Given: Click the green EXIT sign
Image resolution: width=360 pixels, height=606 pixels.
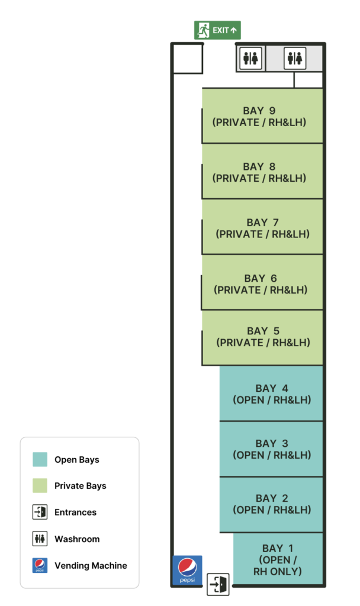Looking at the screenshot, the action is pos(217,30).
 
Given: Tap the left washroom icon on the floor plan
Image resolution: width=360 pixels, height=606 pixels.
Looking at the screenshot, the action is pos(250,59).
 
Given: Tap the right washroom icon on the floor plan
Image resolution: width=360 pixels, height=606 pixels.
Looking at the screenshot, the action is pos(295,59).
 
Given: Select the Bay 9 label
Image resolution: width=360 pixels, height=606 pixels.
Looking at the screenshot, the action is pos(259,117).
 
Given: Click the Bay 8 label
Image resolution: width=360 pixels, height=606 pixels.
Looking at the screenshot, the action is pos(259,172).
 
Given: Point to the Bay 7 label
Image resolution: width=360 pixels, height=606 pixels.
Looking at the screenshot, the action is pos(262,228).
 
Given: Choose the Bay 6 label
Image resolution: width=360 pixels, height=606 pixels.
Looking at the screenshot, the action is pos(261,284).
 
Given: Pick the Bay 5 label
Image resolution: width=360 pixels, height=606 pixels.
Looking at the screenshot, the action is pos(263,337).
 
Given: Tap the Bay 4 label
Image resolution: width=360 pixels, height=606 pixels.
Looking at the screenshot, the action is pos(272,394).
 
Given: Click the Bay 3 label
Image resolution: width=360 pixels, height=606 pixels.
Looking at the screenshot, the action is pos(272,449).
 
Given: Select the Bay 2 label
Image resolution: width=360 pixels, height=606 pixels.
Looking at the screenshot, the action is pos(272,504).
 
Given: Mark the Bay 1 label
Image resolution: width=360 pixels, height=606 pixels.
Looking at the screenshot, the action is pos(278,560).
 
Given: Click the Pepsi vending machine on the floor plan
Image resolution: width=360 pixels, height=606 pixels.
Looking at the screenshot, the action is pos(187,570).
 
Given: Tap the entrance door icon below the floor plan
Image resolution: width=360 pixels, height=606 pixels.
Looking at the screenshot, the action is pos(218,584).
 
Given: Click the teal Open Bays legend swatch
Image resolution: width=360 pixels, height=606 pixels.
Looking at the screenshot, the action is pos(40,459).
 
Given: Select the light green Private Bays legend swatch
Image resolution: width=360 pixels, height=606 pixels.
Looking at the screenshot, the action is pos(40,486).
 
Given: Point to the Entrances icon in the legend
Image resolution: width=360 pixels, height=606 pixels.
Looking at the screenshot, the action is pos(40,512).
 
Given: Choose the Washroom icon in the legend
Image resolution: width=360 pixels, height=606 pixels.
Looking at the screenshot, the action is pos(40,539).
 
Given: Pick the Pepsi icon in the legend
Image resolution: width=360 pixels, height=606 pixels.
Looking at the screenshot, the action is pos(40,565).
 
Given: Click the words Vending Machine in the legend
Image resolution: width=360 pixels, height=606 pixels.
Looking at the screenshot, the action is pos(91,565).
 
